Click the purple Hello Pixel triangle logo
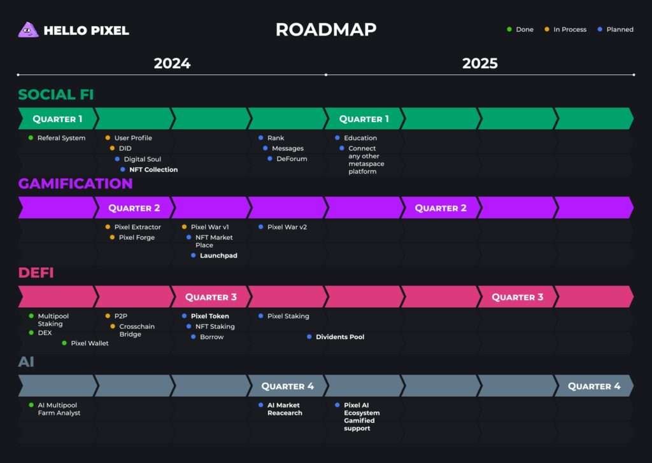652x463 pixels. tap(28, 30)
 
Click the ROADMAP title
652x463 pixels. tap(326, 29)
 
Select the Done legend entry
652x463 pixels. tap(520, 29)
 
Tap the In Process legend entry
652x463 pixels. tap(565, 29)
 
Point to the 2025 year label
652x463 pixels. tap(480, 63)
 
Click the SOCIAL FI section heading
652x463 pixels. tap(56, 94)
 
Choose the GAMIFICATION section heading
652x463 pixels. tap(75, 184)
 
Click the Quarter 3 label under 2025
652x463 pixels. tap(517, 297)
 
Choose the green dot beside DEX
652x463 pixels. tap(31, 333)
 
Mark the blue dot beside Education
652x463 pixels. tap(337, 137)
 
